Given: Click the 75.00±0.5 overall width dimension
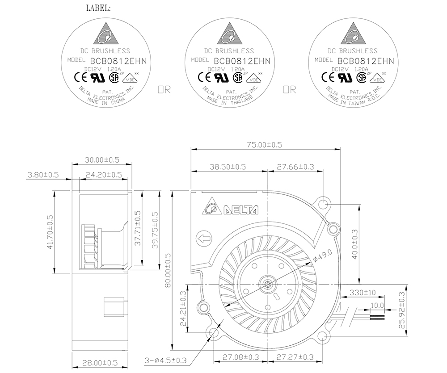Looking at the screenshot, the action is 264,145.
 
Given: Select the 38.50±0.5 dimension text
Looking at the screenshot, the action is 228,167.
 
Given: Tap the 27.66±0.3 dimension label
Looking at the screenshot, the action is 295,167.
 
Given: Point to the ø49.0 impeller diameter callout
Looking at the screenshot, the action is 322,256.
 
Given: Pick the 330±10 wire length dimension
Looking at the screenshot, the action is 363,292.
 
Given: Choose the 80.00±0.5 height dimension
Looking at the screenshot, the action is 168,270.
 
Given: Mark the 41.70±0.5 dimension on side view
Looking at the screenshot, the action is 50,232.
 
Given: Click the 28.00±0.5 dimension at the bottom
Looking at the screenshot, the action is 100,363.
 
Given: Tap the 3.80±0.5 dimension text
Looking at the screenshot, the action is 43,175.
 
